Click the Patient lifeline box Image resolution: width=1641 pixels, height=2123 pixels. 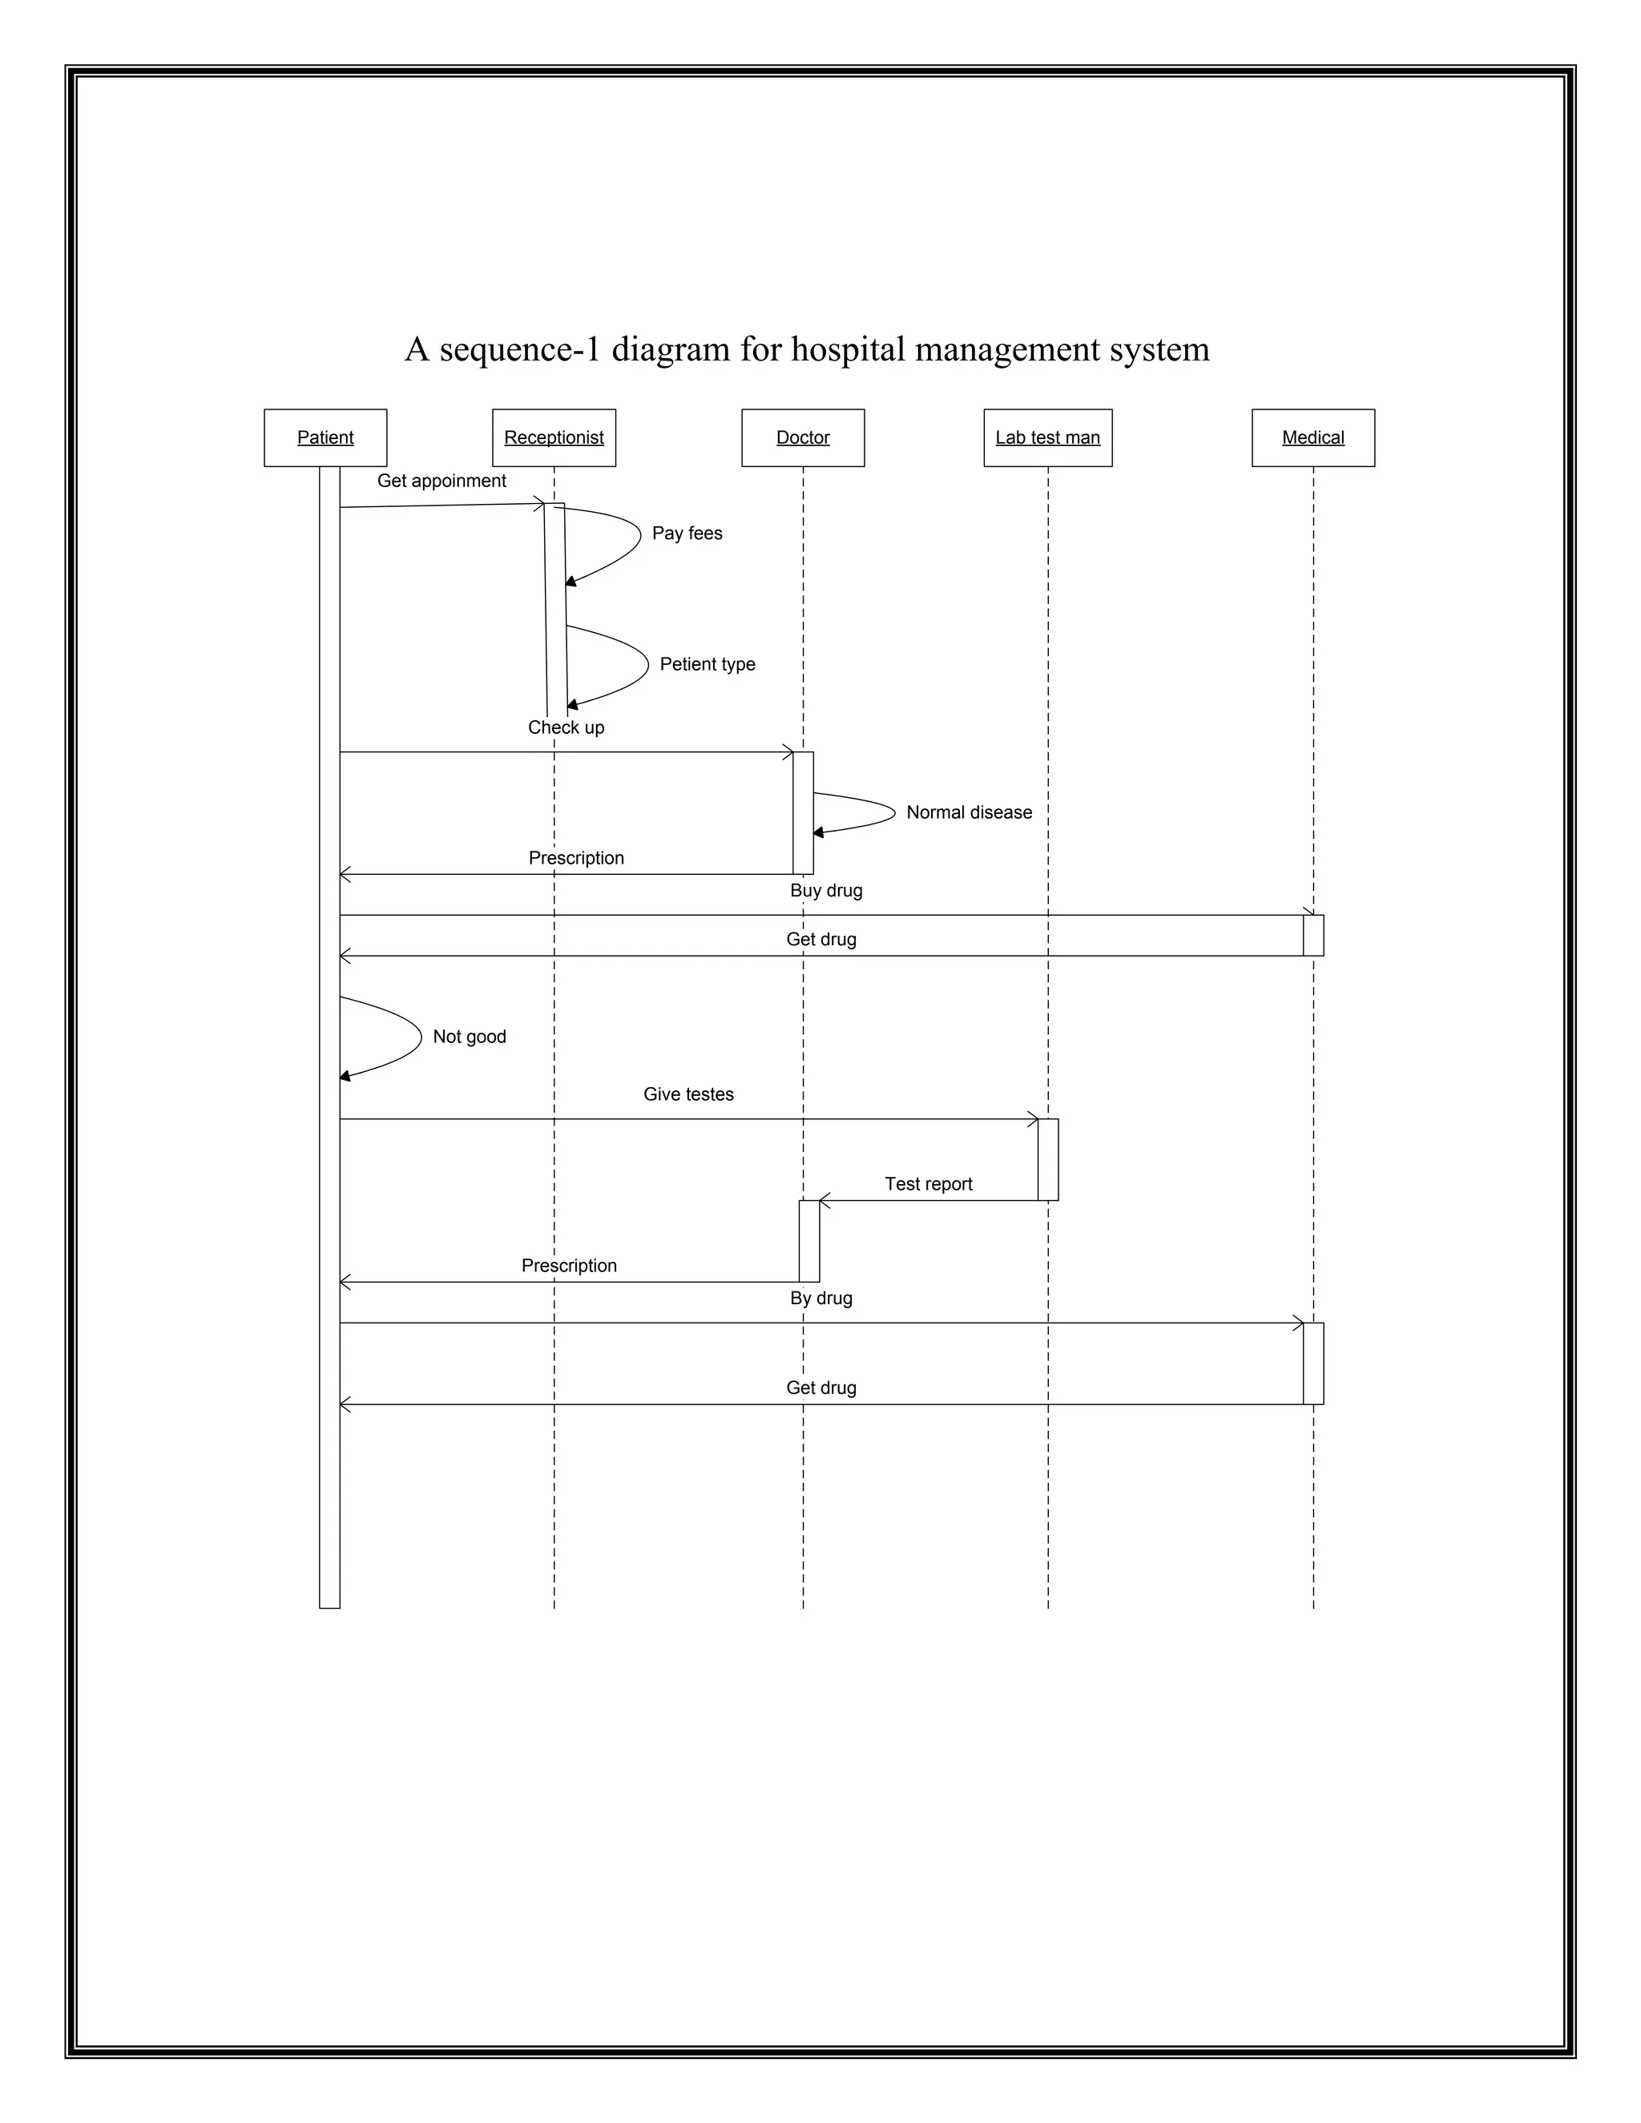[x=325, y=437]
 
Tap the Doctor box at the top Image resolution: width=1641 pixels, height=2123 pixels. [x=802, y=437]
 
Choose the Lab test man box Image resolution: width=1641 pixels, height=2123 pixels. [x=1047, y=437]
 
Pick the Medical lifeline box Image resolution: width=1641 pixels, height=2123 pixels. [x=1312, y=437]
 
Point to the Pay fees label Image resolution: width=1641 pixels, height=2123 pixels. [x=687, y=534]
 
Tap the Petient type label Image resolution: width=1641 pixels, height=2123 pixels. [x=707, y=665]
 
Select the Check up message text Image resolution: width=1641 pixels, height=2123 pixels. [x=566, y=728]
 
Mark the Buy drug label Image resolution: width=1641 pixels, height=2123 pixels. [x=825, y=890]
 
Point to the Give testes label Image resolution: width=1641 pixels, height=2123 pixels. [x=688, y=1094]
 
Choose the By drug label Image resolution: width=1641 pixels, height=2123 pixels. [x=820, y=1299]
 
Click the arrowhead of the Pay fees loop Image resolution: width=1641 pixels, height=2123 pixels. [x=571, y=582]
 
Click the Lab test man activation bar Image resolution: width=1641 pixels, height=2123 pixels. [x=1047, y=1160]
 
